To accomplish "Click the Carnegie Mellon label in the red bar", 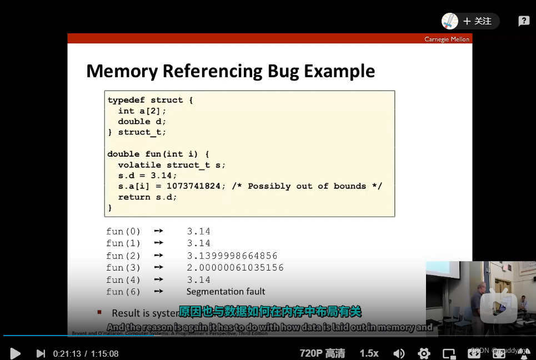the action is (447, 39).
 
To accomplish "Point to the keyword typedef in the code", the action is (126, 100).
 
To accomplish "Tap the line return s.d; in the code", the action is (147, 197).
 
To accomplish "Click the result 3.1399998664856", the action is (232, 256).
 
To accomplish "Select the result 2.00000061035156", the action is (235, 268).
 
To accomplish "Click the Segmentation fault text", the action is (226, 292).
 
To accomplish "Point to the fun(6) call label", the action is (123, 292).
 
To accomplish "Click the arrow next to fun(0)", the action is (158, 231).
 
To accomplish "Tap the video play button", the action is (16, 353).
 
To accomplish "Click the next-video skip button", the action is (41, 353).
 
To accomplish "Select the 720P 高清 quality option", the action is (322, 353).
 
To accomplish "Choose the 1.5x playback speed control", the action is (369, 353).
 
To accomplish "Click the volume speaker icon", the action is (399, 353).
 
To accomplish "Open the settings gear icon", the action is (424, 353).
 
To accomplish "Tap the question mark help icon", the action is (524, 21).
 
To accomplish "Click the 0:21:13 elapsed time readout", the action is (67, 353).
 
